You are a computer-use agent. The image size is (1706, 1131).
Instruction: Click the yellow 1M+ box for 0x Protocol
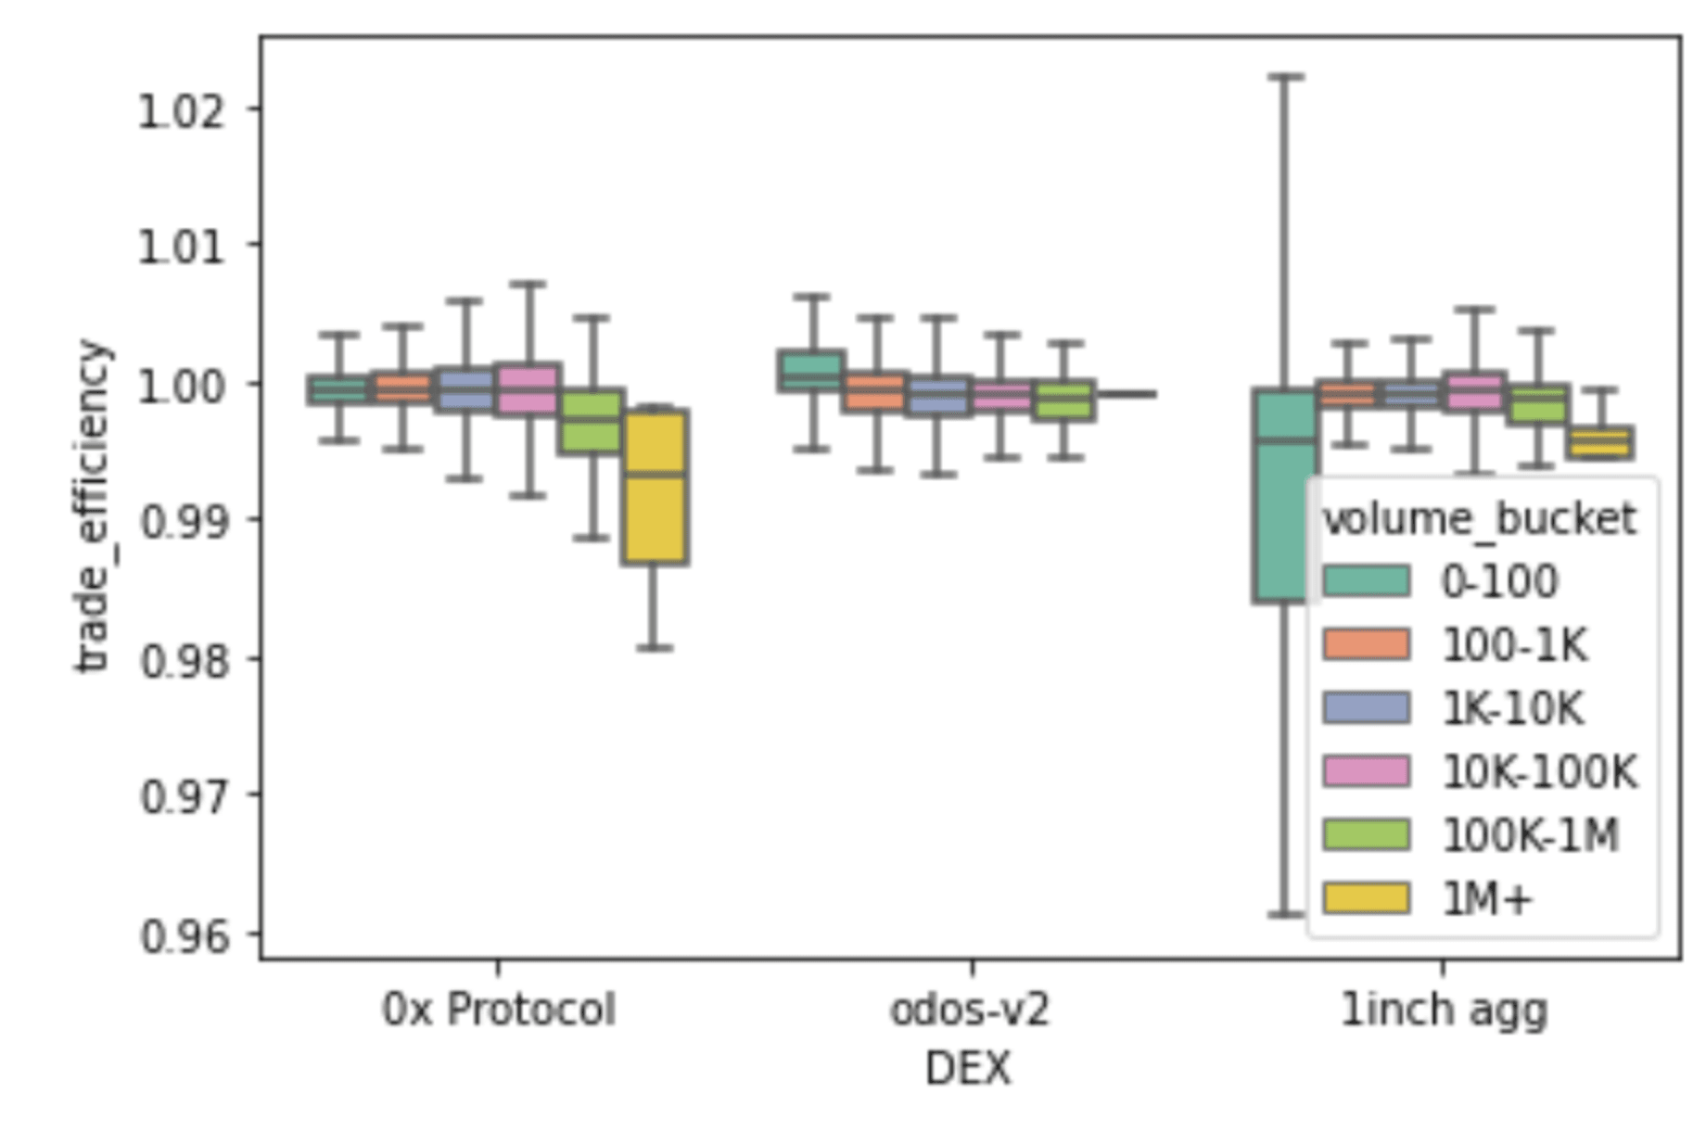coord(655,487)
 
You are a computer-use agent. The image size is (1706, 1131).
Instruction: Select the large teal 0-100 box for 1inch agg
coord(1284,496)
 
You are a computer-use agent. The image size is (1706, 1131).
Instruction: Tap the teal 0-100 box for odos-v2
coord(811,371)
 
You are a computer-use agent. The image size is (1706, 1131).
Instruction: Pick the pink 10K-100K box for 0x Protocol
coord(527,388)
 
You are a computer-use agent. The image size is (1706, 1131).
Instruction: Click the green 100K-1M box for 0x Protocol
coord(591,422)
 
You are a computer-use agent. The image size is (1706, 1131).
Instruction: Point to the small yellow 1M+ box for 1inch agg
coord(1600,442)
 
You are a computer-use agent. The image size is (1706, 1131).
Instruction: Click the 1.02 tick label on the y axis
coord(181,111)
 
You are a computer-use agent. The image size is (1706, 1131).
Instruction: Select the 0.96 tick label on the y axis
coord(184,935)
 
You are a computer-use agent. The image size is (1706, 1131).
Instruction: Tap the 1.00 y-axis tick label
coord(181,386)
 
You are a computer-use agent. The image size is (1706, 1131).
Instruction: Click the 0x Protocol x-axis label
coord(498,1010)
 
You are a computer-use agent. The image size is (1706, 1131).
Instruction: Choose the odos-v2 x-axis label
coord(969,1010)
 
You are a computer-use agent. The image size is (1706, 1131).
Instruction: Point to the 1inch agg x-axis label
coord(1444,1010)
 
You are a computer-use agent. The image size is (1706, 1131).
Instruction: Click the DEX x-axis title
coord(967,1069)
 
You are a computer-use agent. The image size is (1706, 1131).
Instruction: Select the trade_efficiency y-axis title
coord(93,506)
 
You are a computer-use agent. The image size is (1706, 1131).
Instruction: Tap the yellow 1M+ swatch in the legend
coord(1367,898)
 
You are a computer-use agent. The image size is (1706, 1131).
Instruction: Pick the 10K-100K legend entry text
coord(1539,771)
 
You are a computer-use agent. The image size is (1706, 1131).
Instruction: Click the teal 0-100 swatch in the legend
coord(1367,581)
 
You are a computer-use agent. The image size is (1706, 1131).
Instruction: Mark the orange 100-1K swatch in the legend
coord(1367,644)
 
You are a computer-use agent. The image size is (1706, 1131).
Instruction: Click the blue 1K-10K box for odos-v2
coord(938,396)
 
